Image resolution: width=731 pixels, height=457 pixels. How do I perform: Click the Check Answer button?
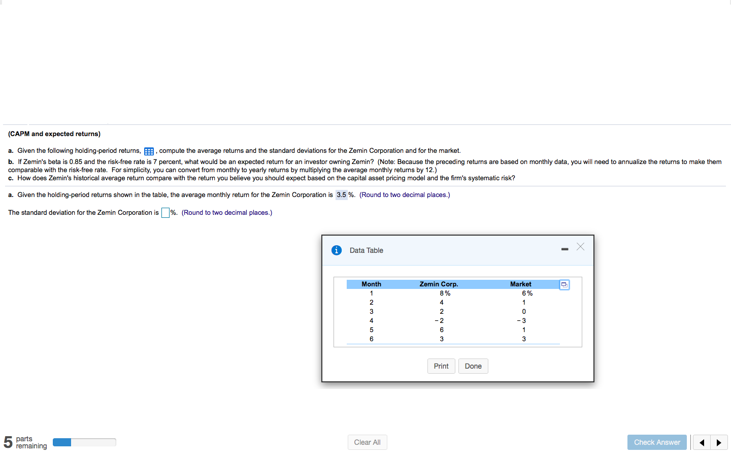click(657, 442)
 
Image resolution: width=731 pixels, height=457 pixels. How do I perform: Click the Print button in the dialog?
click(441, 366)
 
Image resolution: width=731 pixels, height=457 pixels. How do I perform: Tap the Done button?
click(473, 366)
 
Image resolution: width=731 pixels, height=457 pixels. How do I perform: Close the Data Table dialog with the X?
click(580, 247)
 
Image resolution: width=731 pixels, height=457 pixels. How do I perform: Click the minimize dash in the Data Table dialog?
click(564, 249)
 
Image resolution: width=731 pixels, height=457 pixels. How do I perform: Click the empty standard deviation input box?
click(165, 213)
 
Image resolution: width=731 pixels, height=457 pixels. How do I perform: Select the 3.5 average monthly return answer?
click(341, 195)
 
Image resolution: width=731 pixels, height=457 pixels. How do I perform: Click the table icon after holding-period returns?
click(149, 151)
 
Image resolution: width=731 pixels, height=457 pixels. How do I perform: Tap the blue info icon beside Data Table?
click(336, 250)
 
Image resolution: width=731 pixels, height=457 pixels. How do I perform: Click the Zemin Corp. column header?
click(439, 284)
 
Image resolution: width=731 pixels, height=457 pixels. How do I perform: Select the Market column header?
click(520, 284)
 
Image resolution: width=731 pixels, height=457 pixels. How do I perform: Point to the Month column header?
click(371, 284)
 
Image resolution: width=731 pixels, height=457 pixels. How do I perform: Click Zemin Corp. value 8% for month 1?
click(445, 293)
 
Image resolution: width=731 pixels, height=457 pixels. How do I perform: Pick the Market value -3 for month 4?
click(522, 321)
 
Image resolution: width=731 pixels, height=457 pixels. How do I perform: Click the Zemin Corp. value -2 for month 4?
click(440, 321)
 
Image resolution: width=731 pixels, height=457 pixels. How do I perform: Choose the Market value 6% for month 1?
click(527, 293)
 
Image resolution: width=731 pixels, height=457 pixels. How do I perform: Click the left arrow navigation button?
click(702, 442)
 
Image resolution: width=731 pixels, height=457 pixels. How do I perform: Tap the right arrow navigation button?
click(719, 442)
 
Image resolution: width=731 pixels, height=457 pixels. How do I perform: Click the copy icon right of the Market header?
click(564, 285)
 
